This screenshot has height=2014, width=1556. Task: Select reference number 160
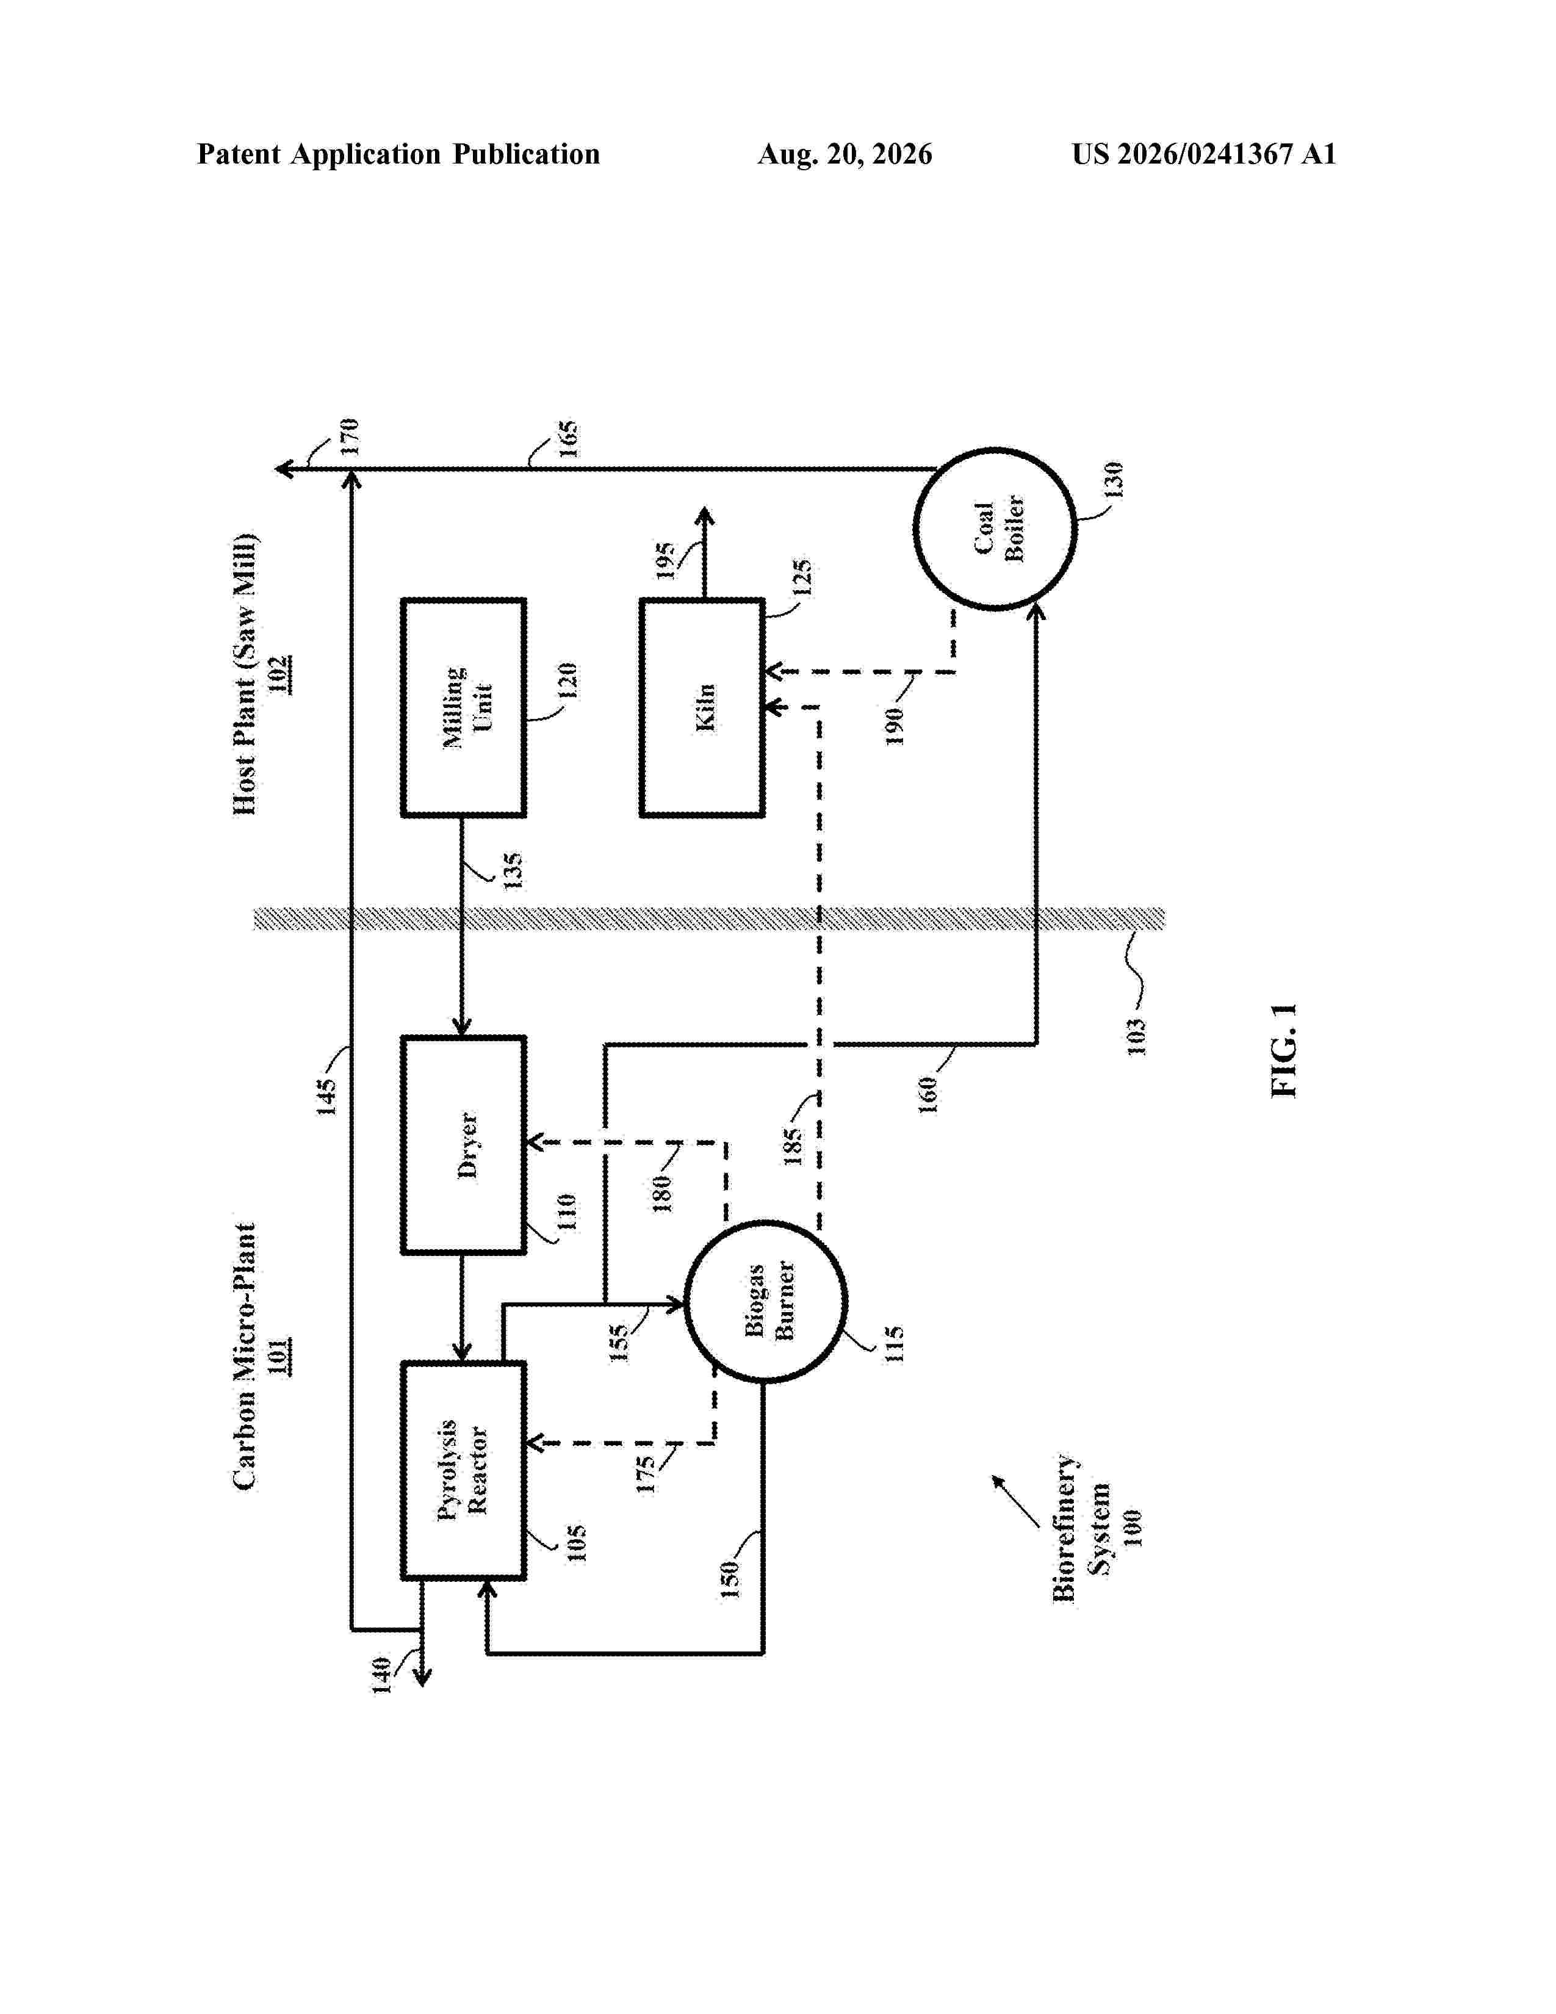928,1095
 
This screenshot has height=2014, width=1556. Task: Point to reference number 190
894,726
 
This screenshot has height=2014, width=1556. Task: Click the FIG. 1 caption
1284,1050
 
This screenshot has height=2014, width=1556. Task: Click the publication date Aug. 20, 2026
845,154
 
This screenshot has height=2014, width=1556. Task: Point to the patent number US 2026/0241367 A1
1204,154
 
